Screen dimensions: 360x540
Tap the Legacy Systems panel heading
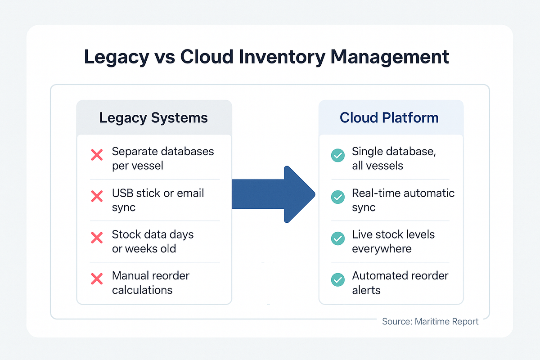(x=153, y=118)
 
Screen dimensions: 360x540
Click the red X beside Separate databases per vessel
(x=97, y=156)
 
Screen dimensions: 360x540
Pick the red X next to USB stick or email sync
(x=97, y=196)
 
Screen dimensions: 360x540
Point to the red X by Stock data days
(x=97, y=238)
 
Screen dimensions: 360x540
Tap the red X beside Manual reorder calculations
(x=97, y=279)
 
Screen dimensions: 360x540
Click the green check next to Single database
(x=337, y=156)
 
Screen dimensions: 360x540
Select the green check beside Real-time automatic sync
(x=337, y=197)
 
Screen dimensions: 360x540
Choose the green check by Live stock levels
(x=337, y=238)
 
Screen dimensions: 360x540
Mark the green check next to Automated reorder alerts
(x=337, y=279)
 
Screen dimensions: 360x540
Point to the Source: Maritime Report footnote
(x=430, y=321)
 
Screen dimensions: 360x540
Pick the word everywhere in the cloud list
(x=382, y=248)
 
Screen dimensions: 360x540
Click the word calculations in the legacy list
(x=142, y=290)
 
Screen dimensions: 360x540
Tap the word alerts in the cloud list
(x=366, y=290)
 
